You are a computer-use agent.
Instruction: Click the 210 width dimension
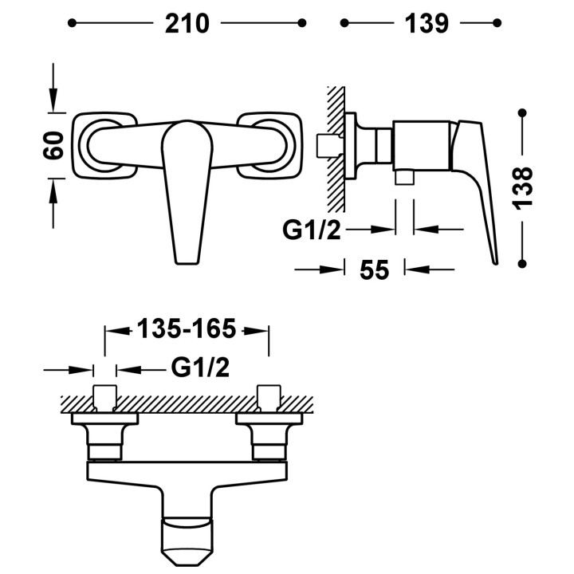pos(187,23)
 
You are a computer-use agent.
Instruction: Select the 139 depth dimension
pos(427,23)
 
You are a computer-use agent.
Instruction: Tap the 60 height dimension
pos(53,145)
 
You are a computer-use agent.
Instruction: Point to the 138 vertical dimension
pos(523,188)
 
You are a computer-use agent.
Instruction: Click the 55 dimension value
pos(374,270)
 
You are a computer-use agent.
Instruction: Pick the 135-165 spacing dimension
pos(187,328)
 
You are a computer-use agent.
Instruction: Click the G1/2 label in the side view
pos(312,230)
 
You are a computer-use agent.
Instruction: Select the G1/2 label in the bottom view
pos(200,368)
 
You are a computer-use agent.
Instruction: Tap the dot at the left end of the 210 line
pos(72,23)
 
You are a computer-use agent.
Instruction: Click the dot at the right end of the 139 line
pos(497,23)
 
